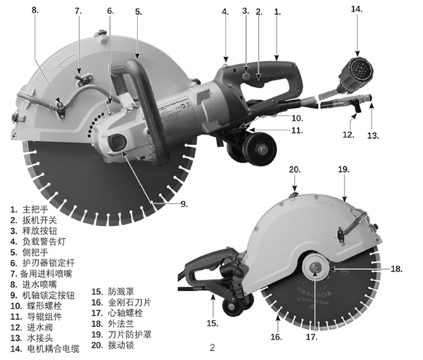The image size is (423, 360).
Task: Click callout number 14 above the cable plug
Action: (357, 9)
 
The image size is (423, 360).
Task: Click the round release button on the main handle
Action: (246, 76)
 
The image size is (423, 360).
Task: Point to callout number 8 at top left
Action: (35, 10)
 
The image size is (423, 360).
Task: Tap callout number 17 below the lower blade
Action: (312, 337)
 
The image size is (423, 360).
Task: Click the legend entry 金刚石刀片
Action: (130, 302)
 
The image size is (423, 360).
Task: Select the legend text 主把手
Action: (35, 209)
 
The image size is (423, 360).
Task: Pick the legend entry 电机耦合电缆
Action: (53, 349)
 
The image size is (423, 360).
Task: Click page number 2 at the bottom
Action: (212, 347)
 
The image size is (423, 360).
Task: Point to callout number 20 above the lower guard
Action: (295, 170)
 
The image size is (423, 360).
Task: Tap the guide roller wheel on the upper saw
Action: (261, 149)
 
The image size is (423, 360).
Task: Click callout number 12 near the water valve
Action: (348, 135)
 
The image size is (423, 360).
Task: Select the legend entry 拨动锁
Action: (121, 345)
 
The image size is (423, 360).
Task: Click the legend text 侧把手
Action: (35, 252)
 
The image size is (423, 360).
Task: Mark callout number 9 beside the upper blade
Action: (184, 204)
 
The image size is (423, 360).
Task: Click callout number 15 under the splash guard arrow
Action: (212, 323)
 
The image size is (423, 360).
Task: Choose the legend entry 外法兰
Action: (121, 323)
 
